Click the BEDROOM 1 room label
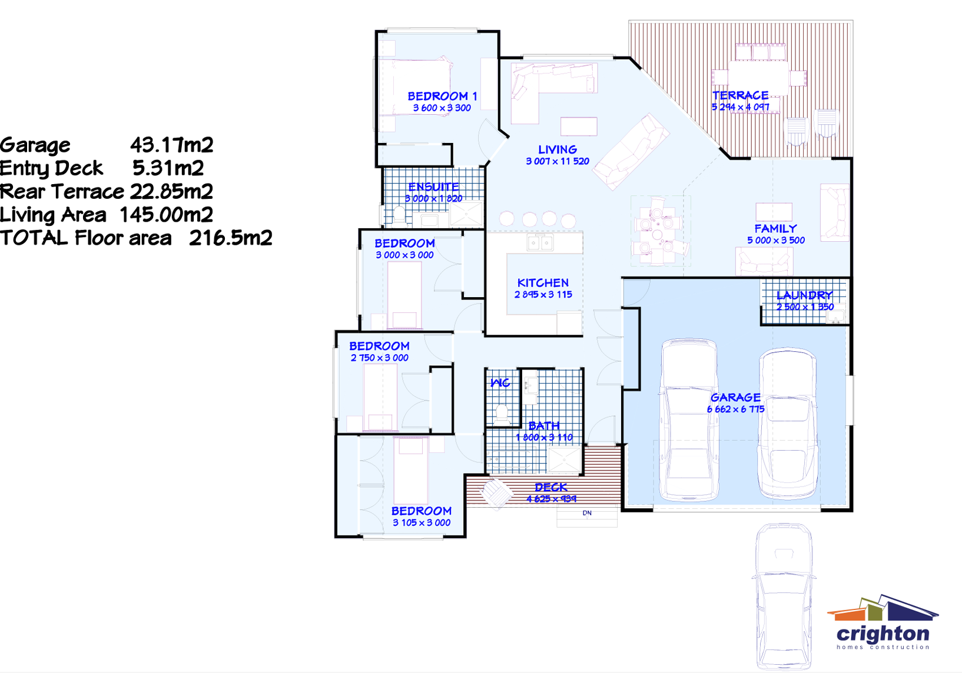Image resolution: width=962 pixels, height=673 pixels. coord(442,96)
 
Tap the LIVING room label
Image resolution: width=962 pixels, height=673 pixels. coord(557,149)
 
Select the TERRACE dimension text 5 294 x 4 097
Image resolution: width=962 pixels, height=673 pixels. coord(740,107)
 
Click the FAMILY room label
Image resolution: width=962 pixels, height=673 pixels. coord(775,228)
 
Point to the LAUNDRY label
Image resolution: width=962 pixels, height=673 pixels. coord(804,295)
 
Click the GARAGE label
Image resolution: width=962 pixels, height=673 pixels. coord(735,398)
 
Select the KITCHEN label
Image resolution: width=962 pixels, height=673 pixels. coord(543,283)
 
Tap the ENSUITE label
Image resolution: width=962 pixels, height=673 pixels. coord(433,187)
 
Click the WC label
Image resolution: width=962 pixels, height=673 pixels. coord(500,383)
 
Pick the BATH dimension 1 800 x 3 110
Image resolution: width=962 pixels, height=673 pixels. coord(544,437)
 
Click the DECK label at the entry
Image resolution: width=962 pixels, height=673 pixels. coord(551,487)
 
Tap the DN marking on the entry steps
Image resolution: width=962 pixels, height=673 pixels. coord(587,513)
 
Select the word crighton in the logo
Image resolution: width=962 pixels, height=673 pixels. coord(883,634)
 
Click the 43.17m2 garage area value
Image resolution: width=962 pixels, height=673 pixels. coord(171,145)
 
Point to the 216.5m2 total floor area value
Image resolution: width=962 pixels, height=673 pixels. coord(230,238)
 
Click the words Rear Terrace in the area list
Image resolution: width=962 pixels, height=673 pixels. coord(62,192)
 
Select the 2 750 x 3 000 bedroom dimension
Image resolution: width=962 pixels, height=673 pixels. coord(379,358)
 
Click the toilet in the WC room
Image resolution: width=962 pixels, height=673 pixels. coord(502,414)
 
